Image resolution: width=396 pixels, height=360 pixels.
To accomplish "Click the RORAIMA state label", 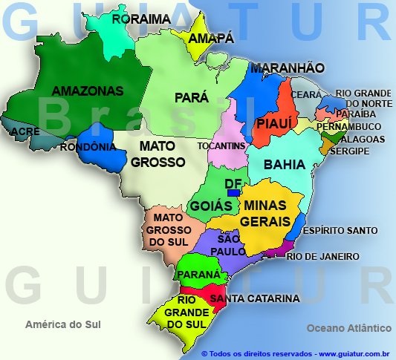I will pyautogui.click(x=141, y=19).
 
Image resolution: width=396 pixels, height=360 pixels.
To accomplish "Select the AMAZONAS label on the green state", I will pyautogui.click(x=88, y=91).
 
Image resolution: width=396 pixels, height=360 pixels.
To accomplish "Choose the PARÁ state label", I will pyautogui.click(x=191, y=97).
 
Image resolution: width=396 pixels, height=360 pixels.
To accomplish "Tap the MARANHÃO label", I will pyautogui.click(x=287, y=68).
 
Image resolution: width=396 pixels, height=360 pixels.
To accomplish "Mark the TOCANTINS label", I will pyautogui.click(x=221, y=146).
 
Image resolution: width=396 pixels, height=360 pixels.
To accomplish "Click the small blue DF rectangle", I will pyautogui.click(x=233, y=193).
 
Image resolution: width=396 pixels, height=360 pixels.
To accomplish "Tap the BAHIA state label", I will pyautogui.click(x=284, y=163).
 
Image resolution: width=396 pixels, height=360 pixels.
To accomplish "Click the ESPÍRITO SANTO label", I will pyautogui.click(x=345, y=231).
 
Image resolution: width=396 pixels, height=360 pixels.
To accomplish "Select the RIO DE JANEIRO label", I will pyautogui.click(x=322, y=256).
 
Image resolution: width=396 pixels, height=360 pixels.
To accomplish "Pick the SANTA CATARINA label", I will pyautogui.click(x=255, y=298).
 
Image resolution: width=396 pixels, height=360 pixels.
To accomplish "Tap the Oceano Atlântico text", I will pyautogui.click(x=348, y=327).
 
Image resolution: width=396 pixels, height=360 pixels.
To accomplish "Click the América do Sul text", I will pyautogui.click(x=62, y=324).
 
